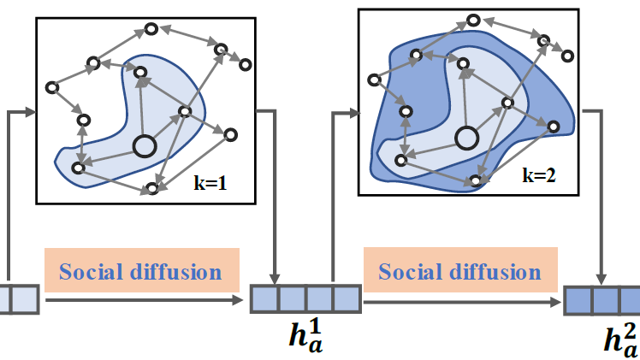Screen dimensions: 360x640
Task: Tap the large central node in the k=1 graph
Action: pyautogui.click(x=145, y=147)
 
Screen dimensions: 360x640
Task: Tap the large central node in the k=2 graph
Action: pyautogui.click(x=466, y=137)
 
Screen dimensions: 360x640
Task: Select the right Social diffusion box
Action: pyautogui.click(x=459, y=272)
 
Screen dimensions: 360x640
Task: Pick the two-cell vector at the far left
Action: pyautogui.click(x=19, y=299)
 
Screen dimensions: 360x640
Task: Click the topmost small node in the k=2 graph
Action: pyautogui.click(x=472, y=19)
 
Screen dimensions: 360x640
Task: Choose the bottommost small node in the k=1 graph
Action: pyautogui.click(x=153, y=188)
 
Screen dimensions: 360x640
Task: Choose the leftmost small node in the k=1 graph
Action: pyautogui.click(x=52, y=86)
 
